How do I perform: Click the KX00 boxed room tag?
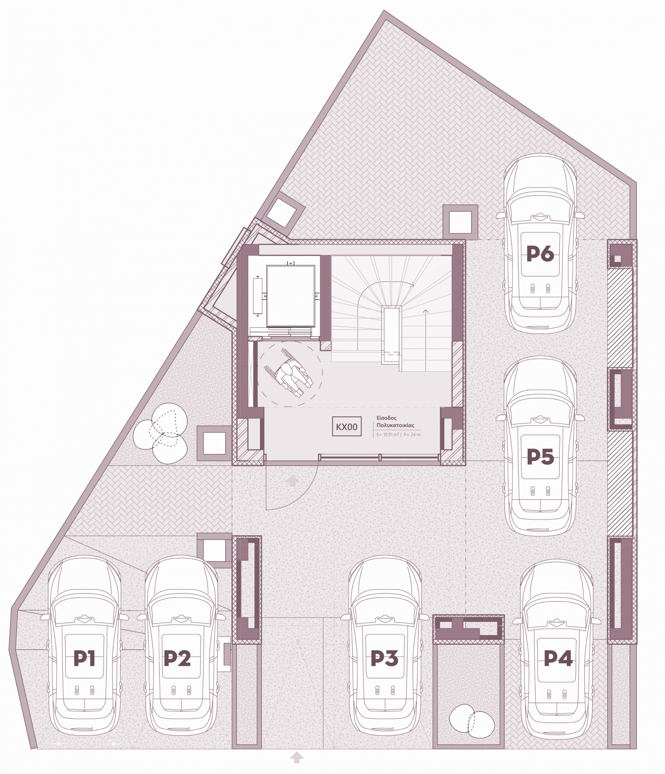pos(347,426)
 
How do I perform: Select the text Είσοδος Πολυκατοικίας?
pos(396,422)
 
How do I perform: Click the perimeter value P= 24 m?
pos(412,434)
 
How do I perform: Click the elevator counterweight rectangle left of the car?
pos(258,296)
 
